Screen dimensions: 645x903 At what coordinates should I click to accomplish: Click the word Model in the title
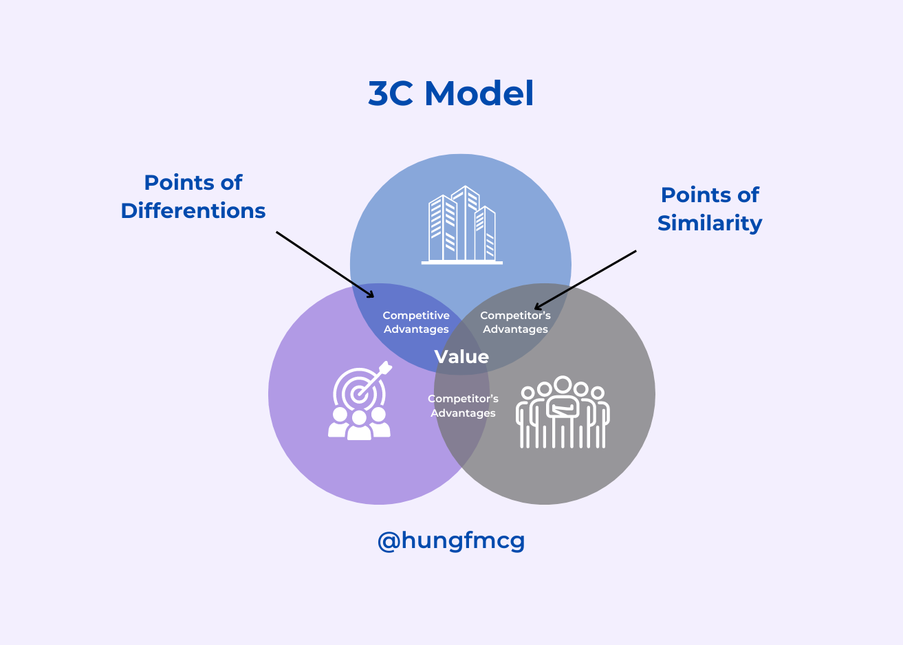(x=479, y=94)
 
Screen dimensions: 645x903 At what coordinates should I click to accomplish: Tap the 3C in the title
(x=391, y=94)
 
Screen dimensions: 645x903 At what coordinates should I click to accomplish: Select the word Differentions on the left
(x=193, y=211)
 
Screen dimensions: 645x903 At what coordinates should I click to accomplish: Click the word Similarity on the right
(x=710, y=223)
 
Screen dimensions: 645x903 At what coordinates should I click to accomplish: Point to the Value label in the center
(x=461, y=357)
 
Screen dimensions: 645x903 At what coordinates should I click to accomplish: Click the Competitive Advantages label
(x=416, y=322)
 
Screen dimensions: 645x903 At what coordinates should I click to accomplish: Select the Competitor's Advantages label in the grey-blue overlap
(x=515, y=322)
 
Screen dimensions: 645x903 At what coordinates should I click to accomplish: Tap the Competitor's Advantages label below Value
(x=463, y=406)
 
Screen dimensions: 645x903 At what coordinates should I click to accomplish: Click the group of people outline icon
(x=563, y=413)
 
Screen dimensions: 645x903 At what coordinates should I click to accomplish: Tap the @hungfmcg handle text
(x=451, y=540)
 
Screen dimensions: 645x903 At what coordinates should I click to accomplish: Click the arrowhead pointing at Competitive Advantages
(x=371, y=296)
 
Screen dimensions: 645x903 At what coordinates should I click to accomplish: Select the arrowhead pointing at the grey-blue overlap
(x=538, y=307)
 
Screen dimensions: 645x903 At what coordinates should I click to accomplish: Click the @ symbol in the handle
(x=389, y=541)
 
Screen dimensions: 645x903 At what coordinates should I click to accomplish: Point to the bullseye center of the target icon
(x=358, y=395)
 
